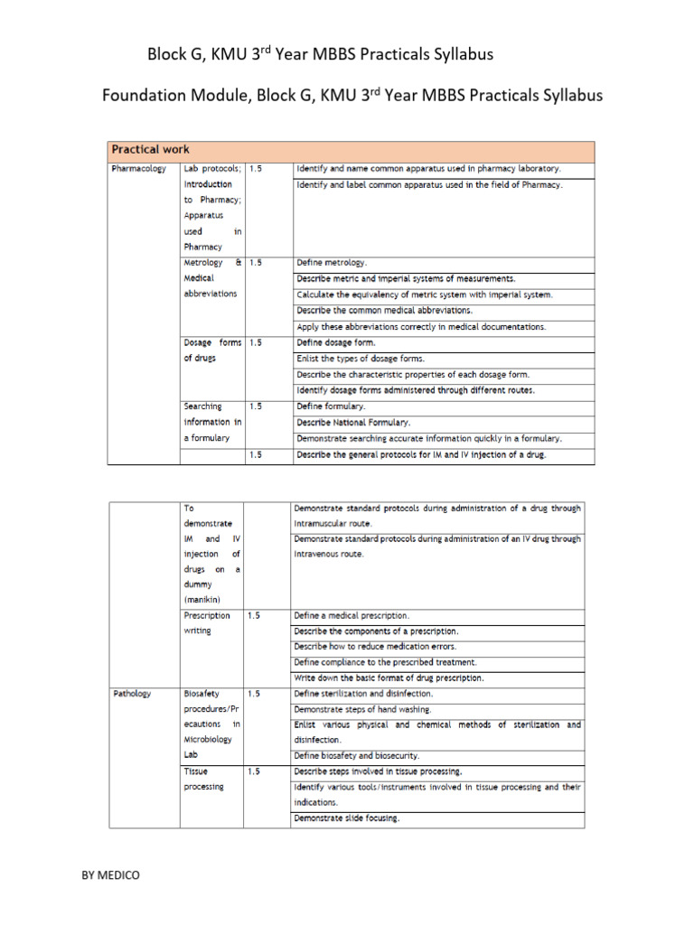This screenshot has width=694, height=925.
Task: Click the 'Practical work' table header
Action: click(x=150, y=149)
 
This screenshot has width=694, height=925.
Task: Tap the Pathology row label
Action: click(x=132, y=694)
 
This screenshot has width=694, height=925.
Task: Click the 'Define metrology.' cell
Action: click(x=332, y=263)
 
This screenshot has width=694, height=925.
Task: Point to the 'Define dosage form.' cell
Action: click(x=336, y=343)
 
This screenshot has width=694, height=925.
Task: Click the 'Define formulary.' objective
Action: click(x=332, y=406)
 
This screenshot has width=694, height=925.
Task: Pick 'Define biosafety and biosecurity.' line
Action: click(x=357, y=755)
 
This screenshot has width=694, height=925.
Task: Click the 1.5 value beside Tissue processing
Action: click(x=254, y=771)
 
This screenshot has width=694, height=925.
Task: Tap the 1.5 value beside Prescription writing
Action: click(x=254, y=615)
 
